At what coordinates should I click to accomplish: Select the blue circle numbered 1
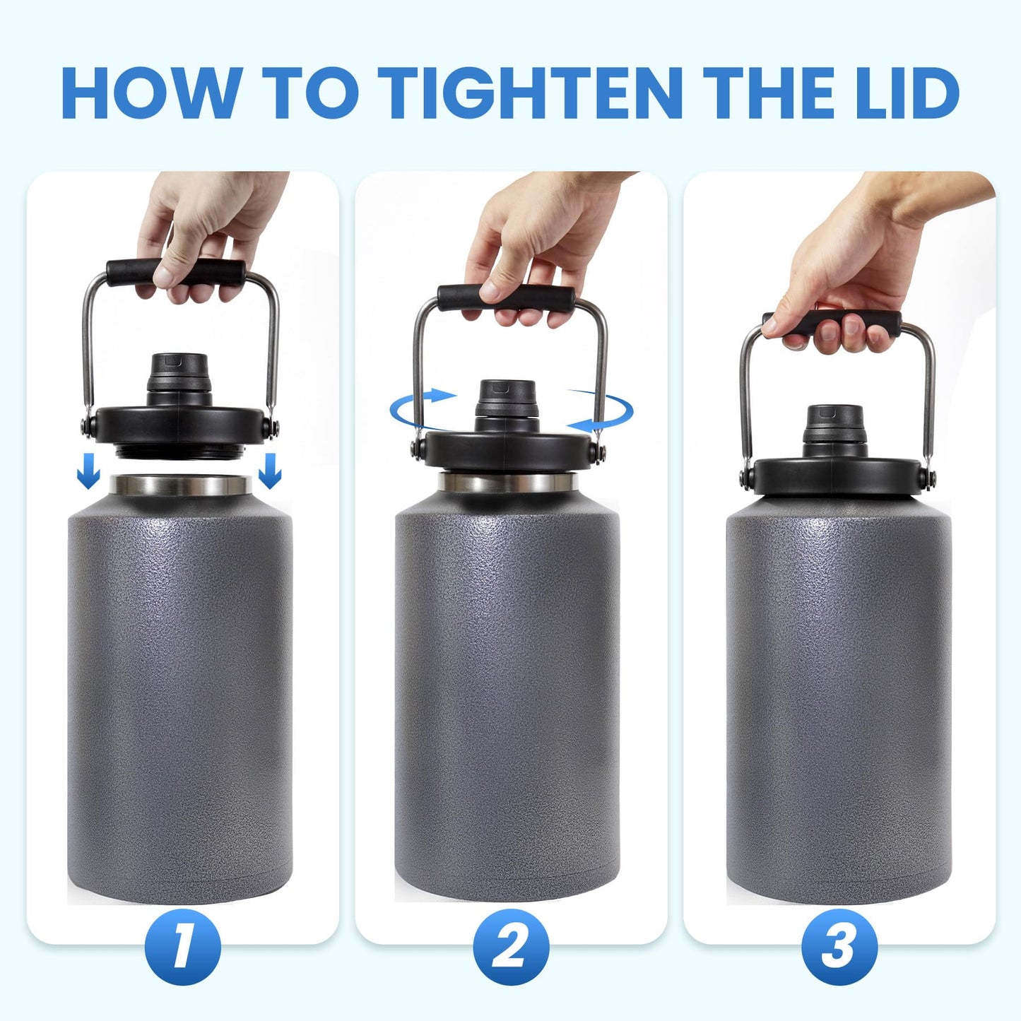[182, 948]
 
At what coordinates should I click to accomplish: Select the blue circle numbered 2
[511, 948]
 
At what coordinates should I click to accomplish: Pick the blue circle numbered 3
[839, 948]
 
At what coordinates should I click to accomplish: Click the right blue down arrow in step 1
[270, 471]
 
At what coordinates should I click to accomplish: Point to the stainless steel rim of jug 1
[182, 485]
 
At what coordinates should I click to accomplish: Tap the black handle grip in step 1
[177, 271]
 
